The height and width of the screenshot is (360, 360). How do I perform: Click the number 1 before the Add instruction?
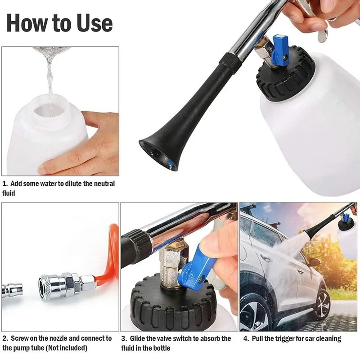[x=4, y=184]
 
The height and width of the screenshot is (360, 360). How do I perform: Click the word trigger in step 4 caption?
[x=282, y=338]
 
